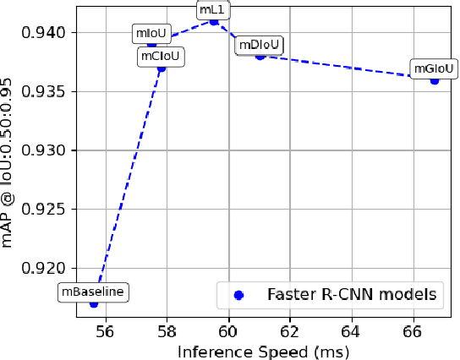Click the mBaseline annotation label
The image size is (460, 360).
(94, 292)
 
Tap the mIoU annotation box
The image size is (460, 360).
(152, 34)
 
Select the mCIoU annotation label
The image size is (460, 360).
(161, 57)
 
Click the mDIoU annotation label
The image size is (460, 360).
(259, 45)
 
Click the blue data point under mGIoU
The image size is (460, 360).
(435, 80)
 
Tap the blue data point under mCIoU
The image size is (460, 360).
(162, 68)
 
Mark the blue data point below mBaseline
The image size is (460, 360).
(94, 303)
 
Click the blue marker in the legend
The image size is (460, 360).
(238, 295)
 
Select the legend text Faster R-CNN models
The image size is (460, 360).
(351, 295)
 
